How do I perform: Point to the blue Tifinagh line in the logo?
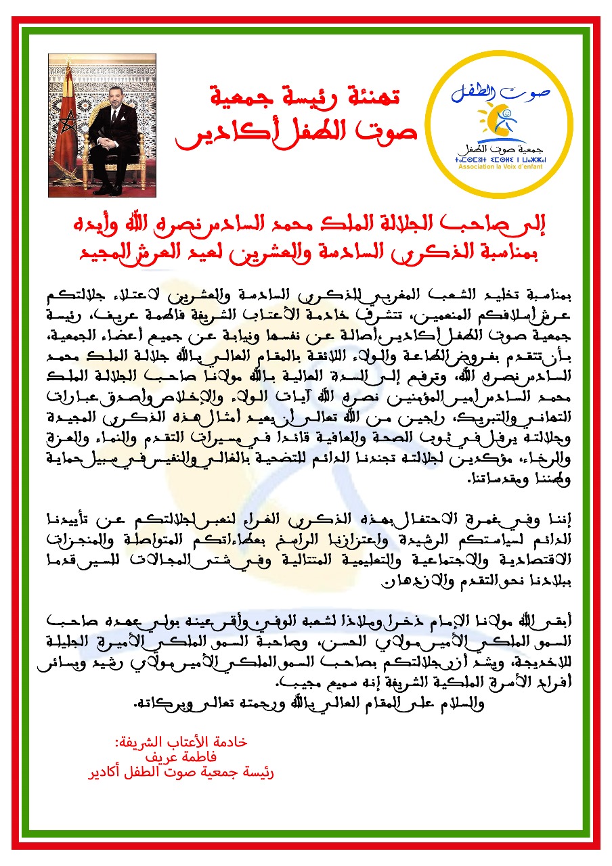(500, 158)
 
